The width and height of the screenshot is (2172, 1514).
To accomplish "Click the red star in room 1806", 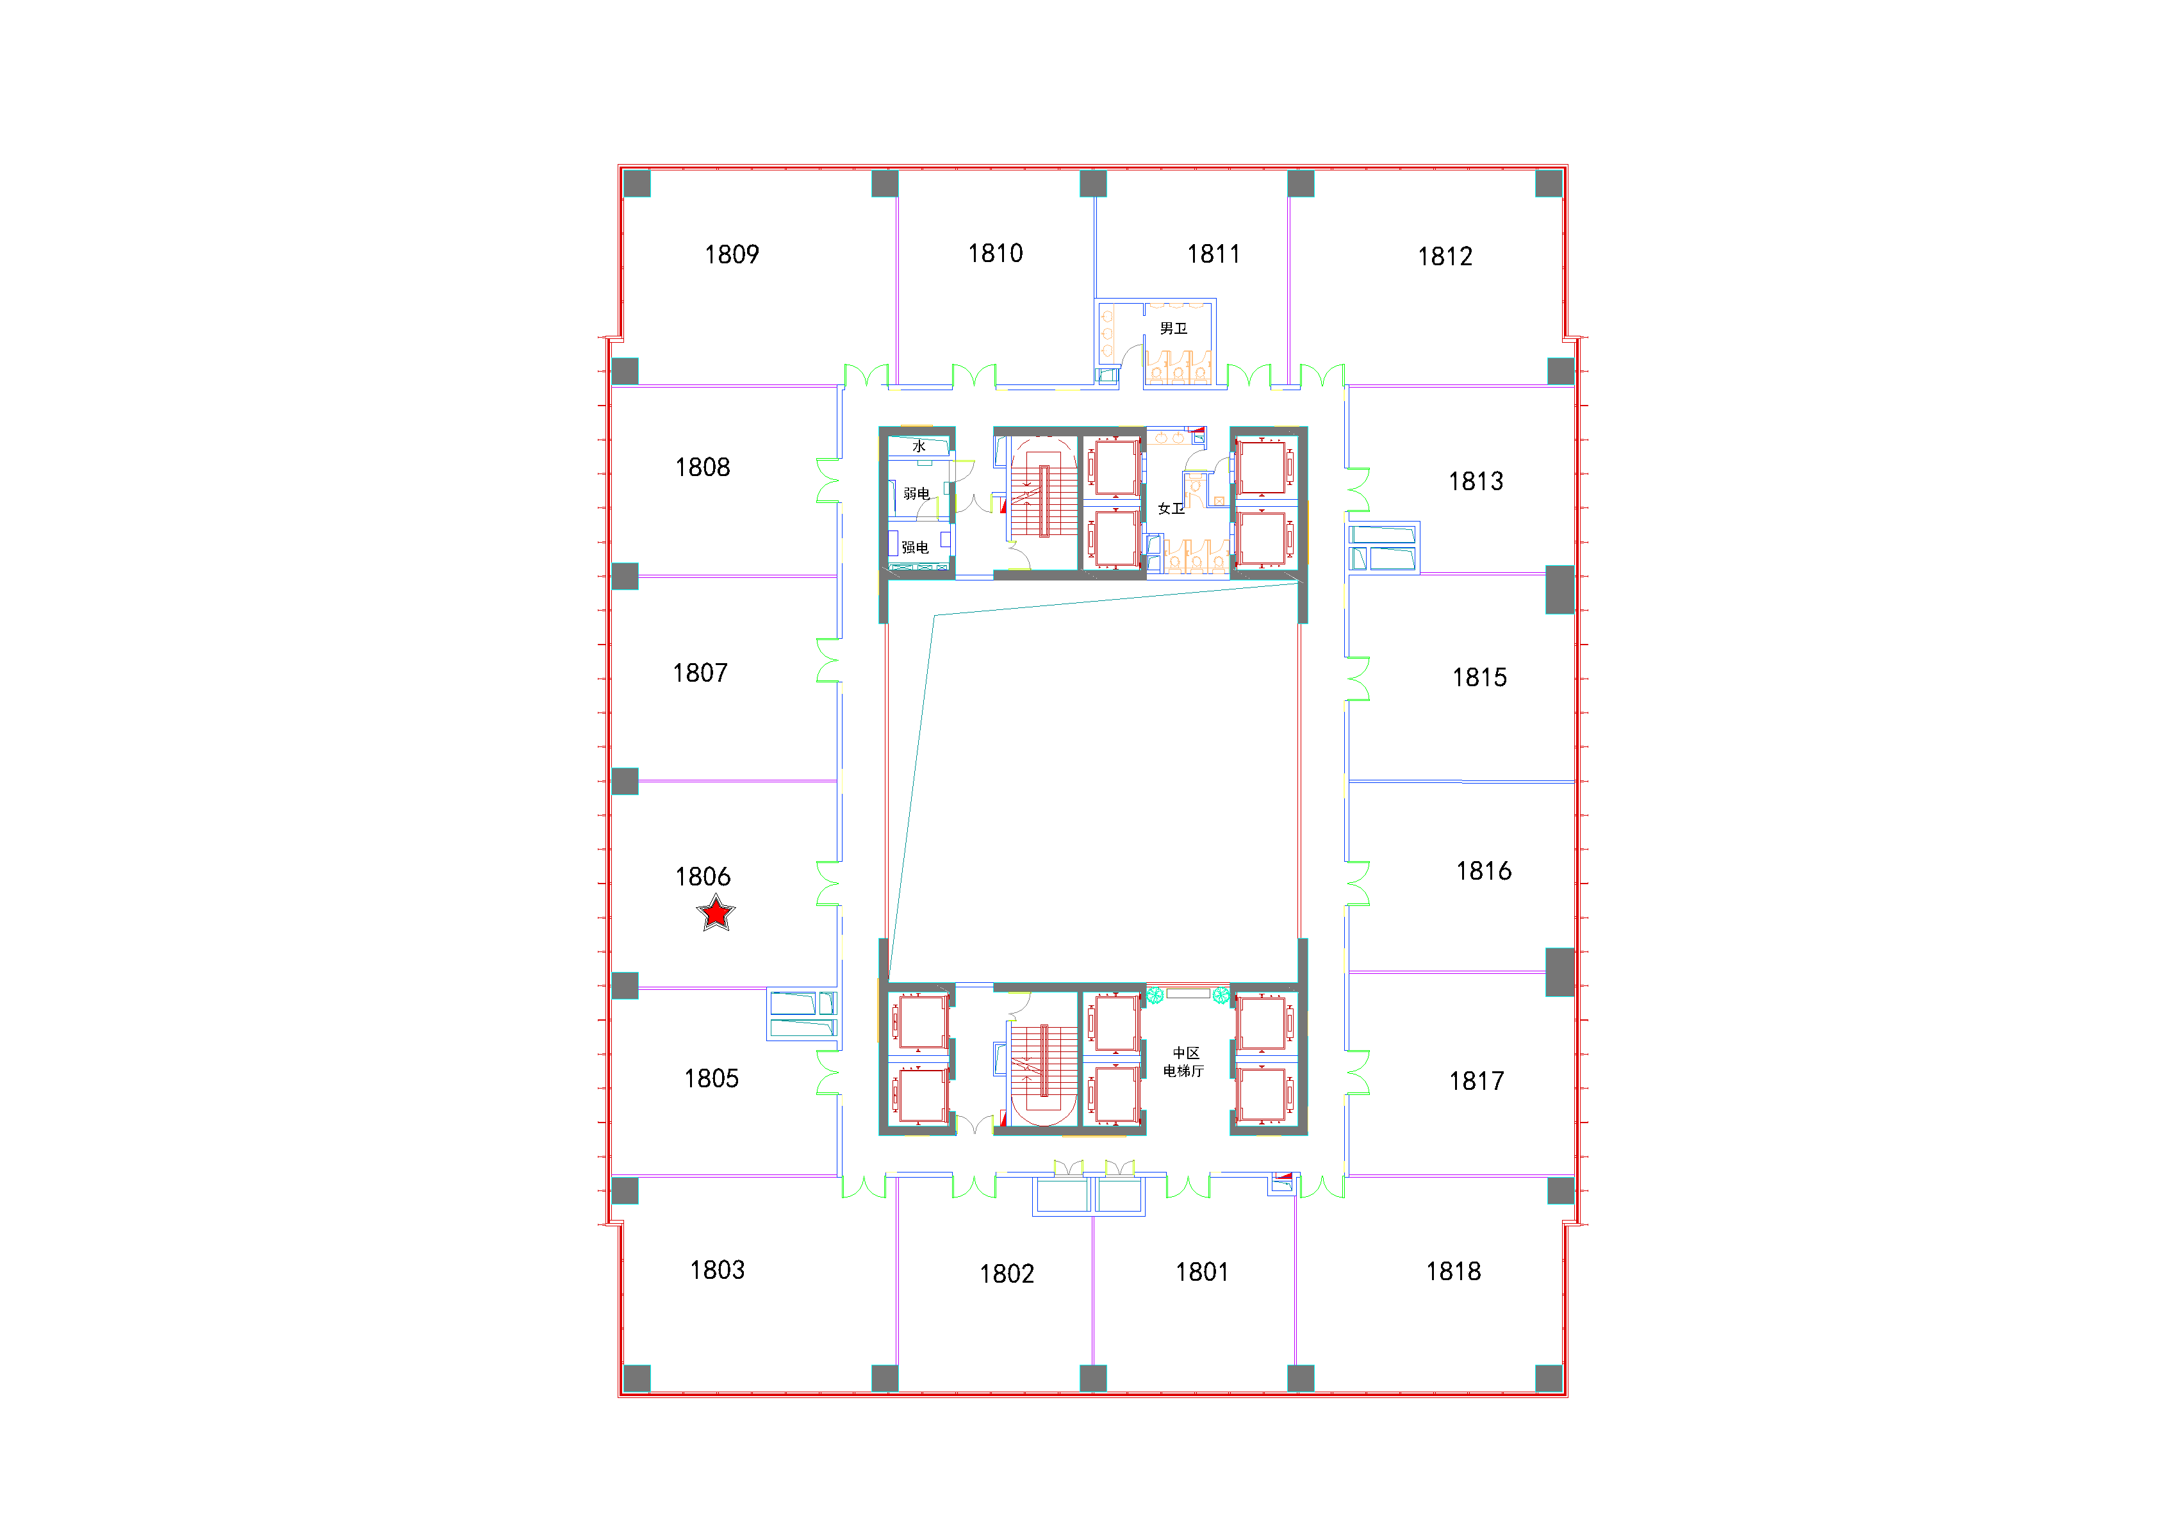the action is tap(716, 913).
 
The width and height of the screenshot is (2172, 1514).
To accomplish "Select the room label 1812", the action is tap(1445, 256).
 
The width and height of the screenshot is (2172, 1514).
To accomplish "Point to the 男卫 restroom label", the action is tap(1173, 328).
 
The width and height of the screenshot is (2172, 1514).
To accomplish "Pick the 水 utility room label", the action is tap(919, 446).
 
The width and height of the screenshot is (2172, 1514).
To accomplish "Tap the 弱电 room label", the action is tap(916, 493).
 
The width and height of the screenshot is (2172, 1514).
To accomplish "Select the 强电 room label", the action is tap(915, 547).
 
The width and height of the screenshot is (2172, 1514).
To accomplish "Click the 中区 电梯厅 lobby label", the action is tap(1185, 1062).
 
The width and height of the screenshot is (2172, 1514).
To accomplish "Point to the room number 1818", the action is tap(1453, 1272).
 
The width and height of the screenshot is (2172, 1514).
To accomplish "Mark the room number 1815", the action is tap(1479, 677).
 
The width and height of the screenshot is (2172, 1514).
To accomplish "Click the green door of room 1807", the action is tap(828, 661).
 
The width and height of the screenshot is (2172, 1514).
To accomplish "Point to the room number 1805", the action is tap(711, 1079).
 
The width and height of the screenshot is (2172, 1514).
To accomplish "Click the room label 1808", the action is tap(702, 468).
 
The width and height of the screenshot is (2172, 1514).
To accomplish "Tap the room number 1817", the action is tap(1477, 1082).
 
